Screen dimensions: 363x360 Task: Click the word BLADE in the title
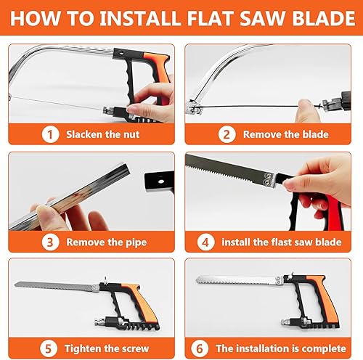[324, 18]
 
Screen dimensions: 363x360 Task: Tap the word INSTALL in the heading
[140, 18]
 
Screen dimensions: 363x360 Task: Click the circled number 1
[50, 134]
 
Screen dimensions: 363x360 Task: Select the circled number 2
[227, 134]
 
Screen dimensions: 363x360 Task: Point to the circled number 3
[50, 242]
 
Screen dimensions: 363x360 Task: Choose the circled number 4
[205, 242]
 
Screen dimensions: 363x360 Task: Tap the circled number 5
[49, 348]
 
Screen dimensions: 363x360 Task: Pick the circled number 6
[200, 348]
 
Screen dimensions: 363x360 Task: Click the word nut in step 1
[131, 134]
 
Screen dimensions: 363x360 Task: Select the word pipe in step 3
[136, 243]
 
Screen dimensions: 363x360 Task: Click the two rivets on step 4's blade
[268, 179]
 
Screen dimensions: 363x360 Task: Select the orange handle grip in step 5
[142, 303]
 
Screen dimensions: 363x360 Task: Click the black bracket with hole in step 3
[159, 181]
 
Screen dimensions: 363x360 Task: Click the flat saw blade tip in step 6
[197, 280]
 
